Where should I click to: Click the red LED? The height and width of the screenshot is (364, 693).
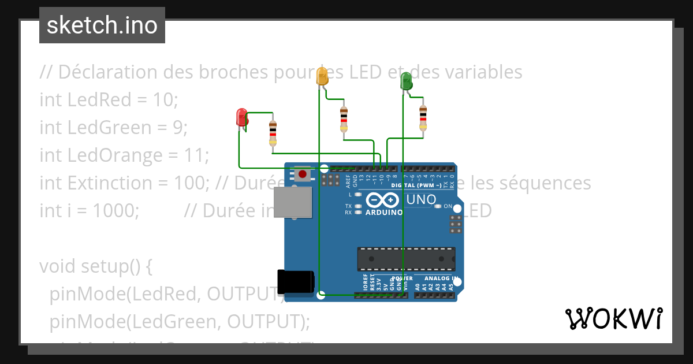pyautogui.click(x=241, y=117)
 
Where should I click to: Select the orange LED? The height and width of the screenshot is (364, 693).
pyautogui.click(x=322, y=77)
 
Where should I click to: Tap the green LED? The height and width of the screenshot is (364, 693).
pyautogui.click(x=406, y=81)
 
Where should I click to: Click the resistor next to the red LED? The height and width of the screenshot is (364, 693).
pyautogui.click(x=273, y=133)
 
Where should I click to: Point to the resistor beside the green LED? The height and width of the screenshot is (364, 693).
pyautogui.click(x=423, y=118)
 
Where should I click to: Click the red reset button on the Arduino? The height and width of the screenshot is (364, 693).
pyautogui.click(x=302, y=173)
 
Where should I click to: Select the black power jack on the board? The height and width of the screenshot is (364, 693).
pyautogui.click(x=295, y=282)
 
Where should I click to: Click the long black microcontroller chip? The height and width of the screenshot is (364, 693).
pyautogui.click(x=405, y=259)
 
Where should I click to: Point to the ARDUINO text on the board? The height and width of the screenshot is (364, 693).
pyautogui.click(x=384, y=212)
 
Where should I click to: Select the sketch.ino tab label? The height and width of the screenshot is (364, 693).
pyautogui.click(x=102, y=25)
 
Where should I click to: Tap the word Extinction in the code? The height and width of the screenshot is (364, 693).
pyautogui.click(x=103, y=183)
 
